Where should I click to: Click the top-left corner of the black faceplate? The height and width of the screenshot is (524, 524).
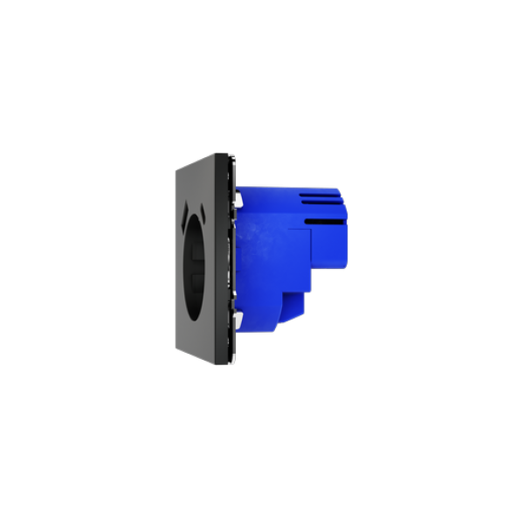tap(175, 171)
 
